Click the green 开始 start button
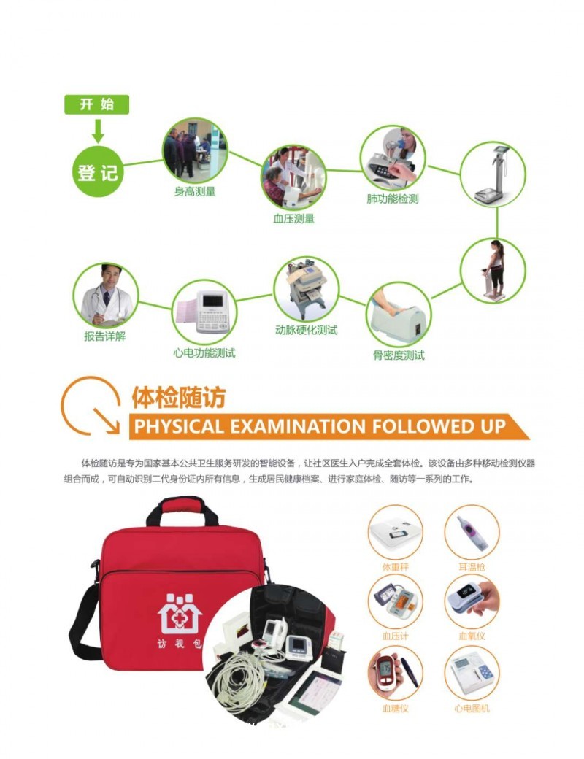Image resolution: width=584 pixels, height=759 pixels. tap(96, 104)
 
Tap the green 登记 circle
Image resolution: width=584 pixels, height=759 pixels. tap(98, 172)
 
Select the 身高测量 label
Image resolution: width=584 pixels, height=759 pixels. tap(194, 192)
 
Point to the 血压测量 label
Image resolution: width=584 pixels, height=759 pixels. tap(293, 218)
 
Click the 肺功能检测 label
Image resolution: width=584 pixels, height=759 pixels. tap(393, 199)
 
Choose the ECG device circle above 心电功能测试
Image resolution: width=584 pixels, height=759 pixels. tap(204, 313)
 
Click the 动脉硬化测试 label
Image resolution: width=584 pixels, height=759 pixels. tap(306, 330)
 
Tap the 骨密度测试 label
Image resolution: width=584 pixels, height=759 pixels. tap(399, 355)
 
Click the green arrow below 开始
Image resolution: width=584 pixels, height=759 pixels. tap(97, 131)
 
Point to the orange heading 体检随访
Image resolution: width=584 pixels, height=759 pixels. tap(178, 397)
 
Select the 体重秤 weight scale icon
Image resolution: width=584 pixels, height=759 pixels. tap(395, 532)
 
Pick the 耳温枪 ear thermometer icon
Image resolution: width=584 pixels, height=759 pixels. tap(472, 532)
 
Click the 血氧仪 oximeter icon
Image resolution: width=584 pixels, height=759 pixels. tap(472, 601)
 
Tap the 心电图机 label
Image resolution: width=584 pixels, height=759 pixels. tap(472, 708)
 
